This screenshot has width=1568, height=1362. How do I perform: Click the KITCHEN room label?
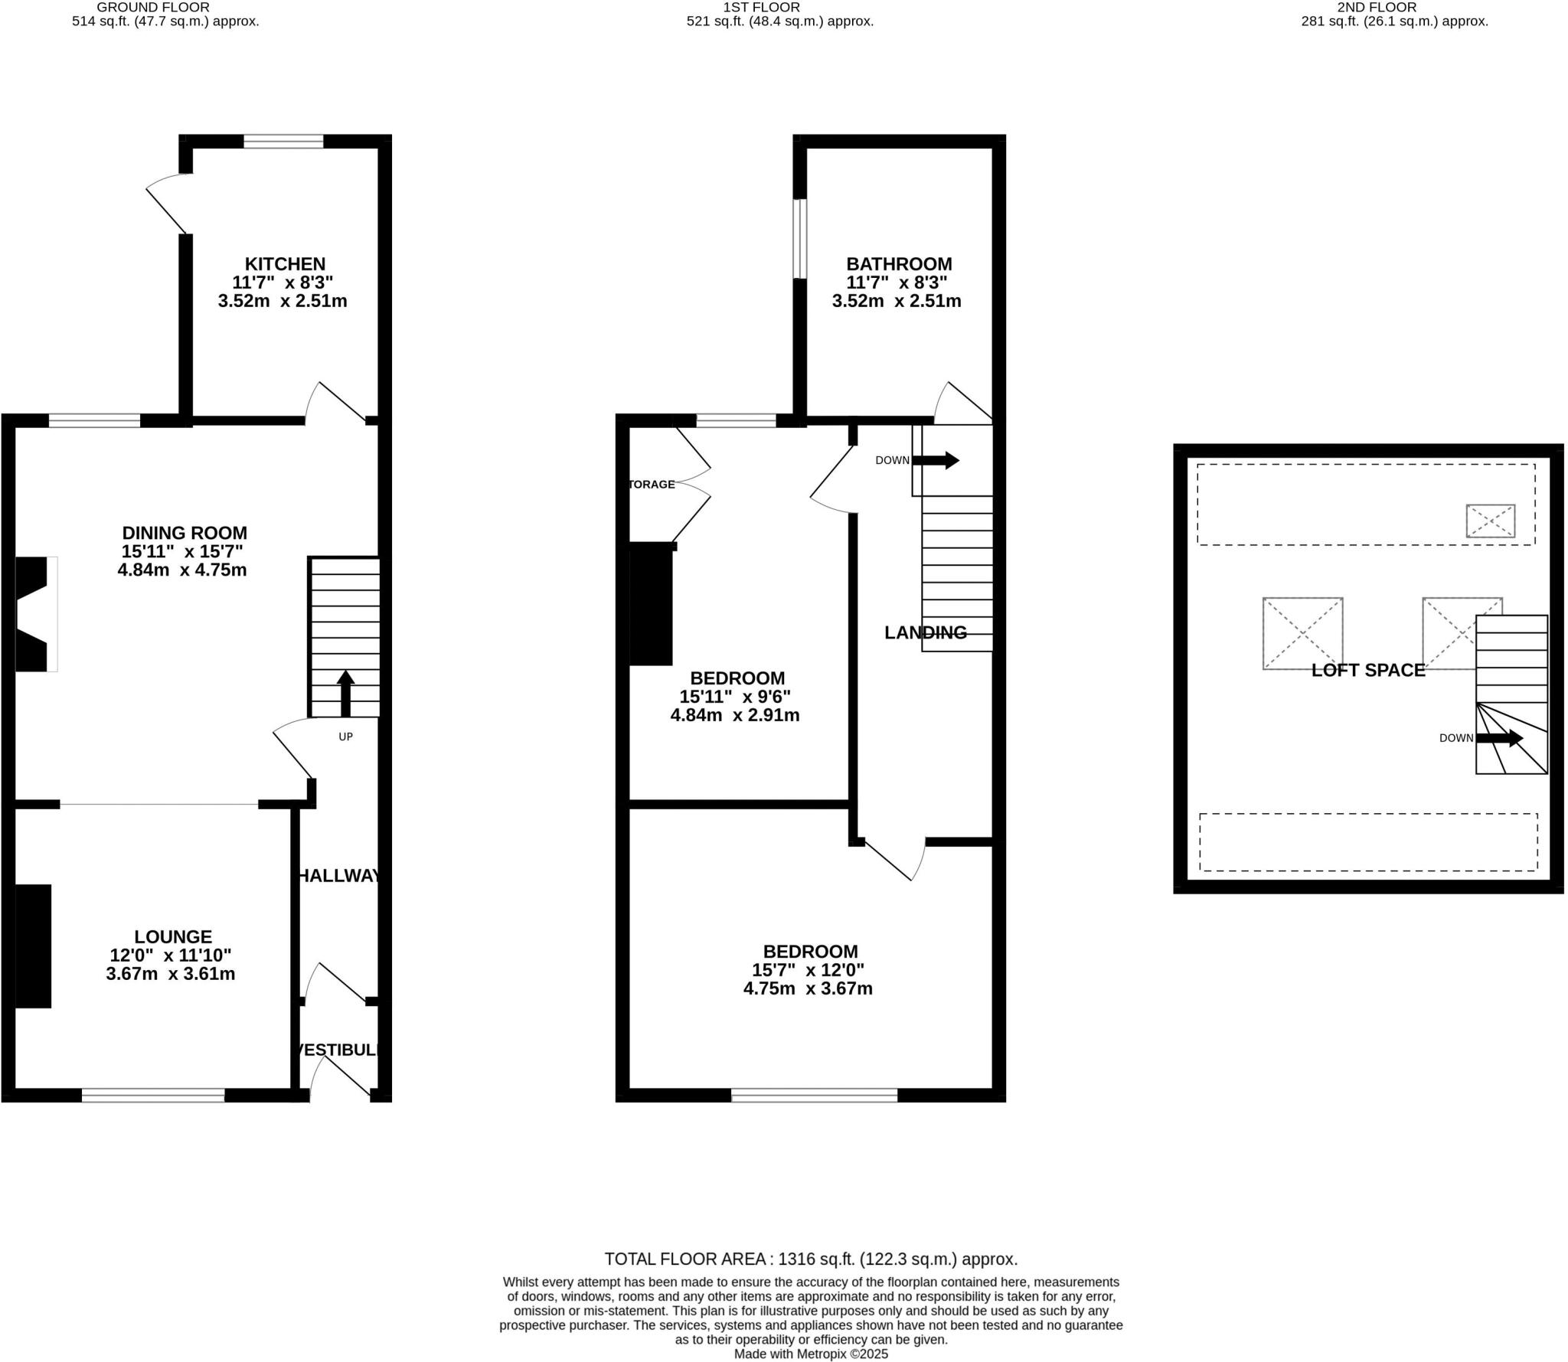click(x=285, y=264)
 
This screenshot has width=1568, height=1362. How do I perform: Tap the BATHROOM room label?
click(x=899, y=264)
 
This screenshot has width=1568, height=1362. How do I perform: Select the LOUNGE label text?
click(x=173, y=936)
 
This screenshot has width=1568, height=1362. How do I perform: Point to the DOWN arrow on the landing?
click(x=936, y=460)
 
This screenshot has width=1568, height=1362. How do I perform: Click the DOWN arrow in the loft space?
click(x=1499, y=738)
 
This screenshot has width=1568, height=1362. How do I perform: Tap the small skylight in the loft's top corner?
click(x=1490, y=521)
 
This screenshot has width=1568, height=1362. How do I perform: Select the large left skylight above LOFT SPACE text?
click(x=1302, y=633)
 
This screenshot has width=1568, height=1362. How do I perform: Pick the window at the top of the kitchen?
click(x=283, y=142)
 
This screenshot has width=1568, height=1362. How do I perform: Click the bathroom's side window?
click(x=799, y=239)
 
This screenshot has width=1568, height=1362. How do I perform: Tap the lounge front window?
click(x=153, y=1096)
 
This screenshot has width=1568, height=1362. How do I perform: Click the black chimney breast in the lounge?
click(x=34, y=946)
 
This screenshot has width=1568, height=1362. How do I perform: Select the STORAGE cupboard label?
click(x=652, y=485)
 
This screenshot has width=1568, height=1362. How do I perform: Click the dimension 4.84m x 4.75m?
click(x=182, y=570)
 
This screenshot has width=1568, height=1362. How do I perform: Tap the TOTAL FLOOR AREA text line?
click(x=811, y=1259)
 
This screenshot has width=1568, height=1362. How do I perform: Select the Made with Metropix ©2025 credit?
click(x=811, y=1354)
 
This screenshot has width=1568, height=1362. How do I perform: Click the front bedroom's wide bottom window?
click(x=814, y=1096)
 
